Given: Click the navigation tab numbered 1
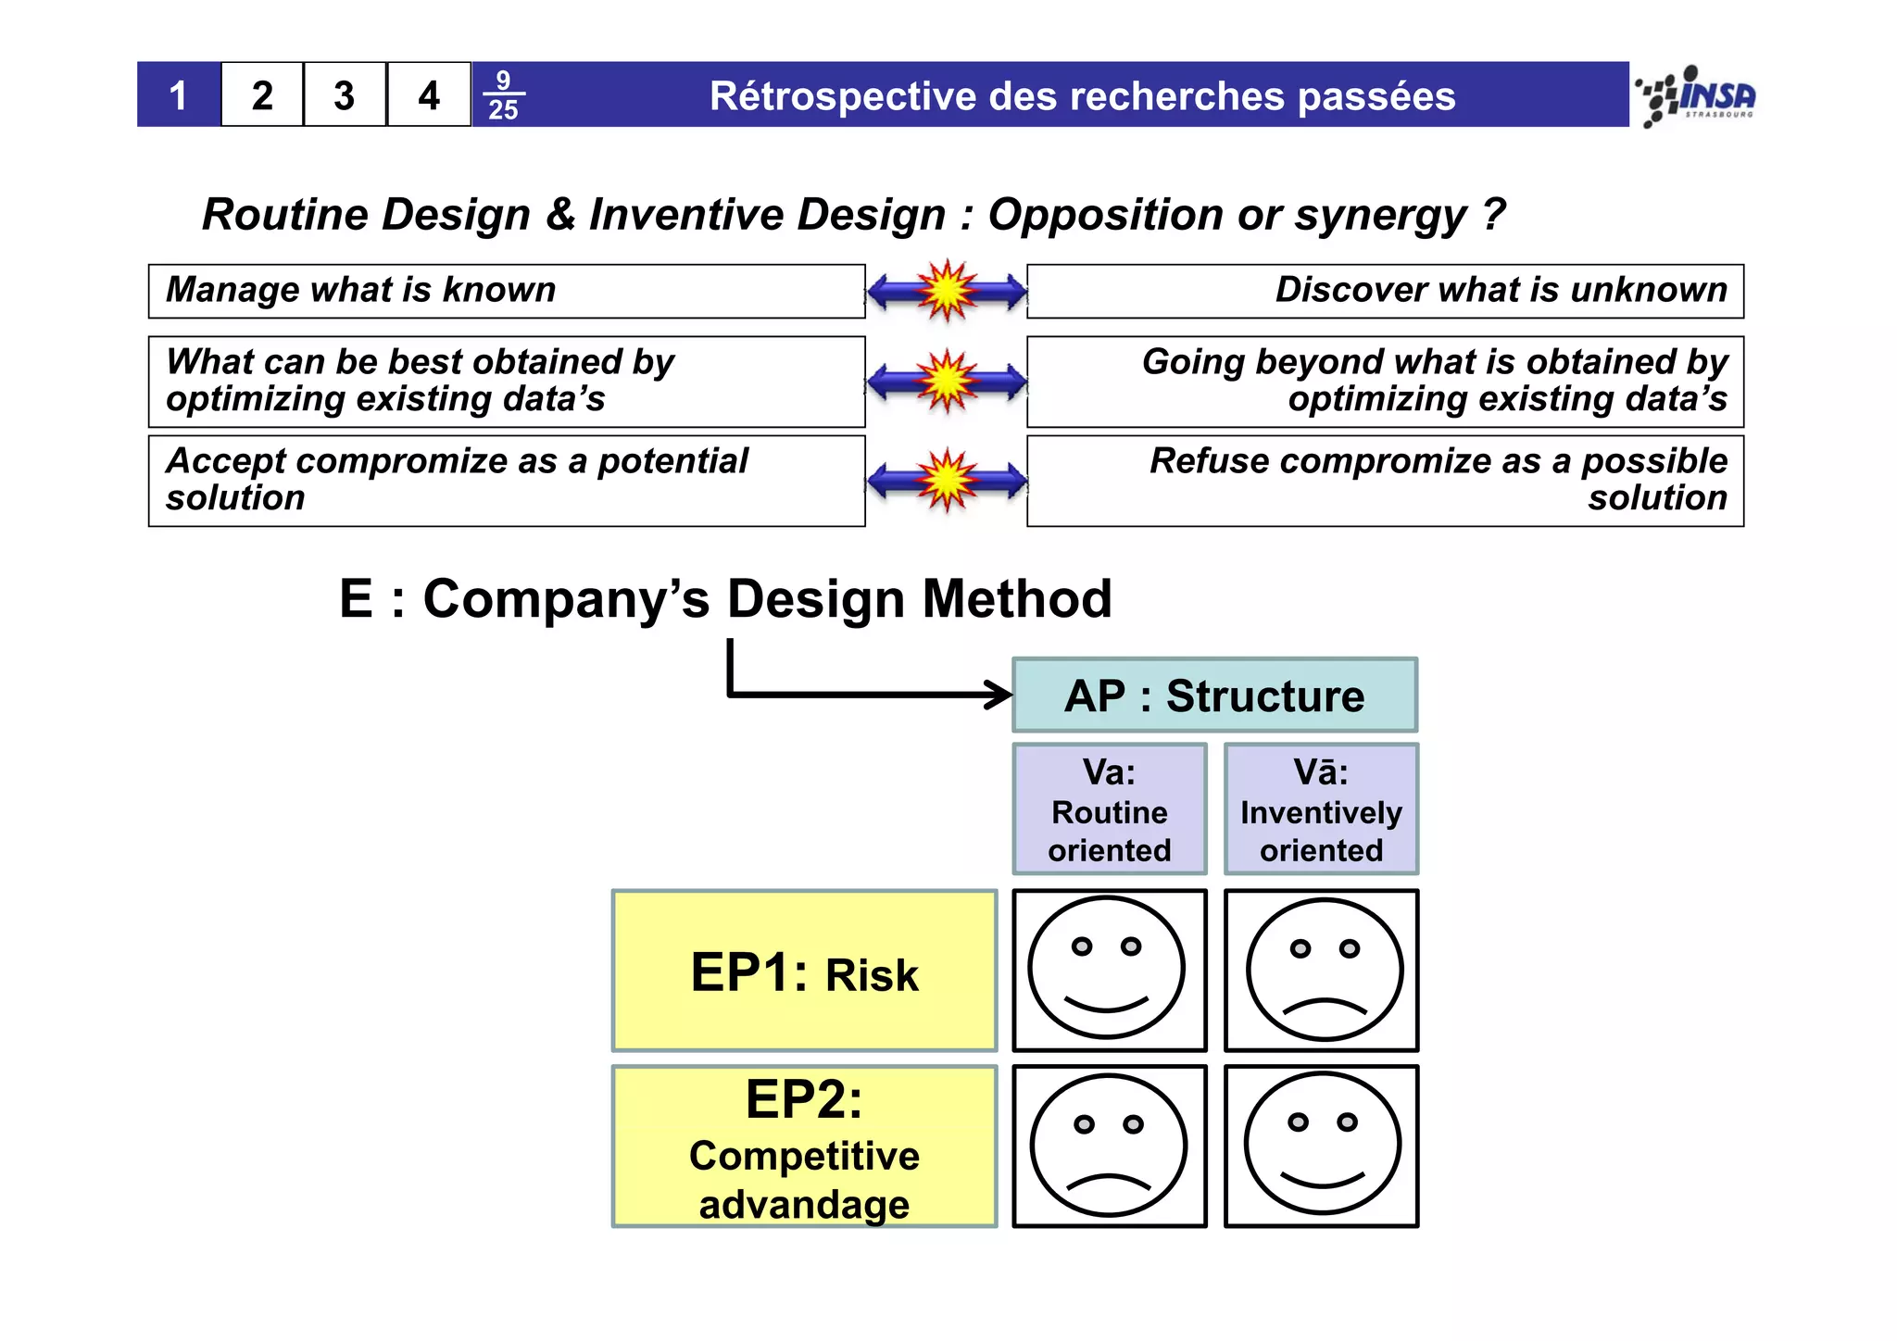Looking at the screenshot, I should click(x=179, y=95).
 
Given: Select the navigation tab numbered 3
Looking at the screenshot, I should click(x=345, y=95).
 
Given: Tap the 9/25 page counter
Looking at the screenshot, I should click(x=503, y=95).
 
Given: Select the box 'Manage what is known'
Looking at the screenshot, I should click(x=507, y=291).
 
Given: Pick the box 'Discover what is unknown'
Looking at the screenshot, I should click(x=1385, y=291).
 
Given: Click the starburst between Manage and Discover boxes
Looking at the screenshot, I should click(x=947, y=291).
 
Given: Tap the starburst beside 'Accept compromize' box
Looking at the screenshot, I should click(x=947, y=481).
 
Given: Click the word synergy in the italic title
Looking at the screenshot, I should click(x=1380, y=216).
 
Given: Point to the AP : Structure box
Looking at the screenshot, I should click(x=1214, y=696).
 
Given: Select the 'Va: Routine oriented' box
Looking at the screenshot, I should click(x=1110, y=809).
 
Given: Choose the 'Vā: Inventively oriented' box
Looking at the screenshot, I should click(x=1321, y=809).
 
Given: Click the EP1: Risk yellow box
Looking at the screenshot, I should click(x=804, y=971).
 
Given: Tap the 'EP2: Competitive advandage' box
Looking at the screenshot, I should click(x=804, y=1147).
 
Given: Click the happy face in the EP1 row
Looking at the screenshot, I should click(x=1108, y=969).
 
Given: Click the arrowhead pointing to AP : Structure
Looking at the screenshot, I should click(x=1000, y=695).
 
